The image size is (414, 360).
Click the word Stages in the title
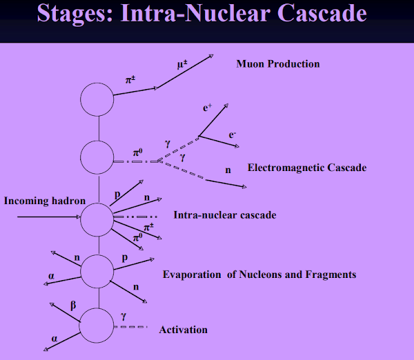[75, 13]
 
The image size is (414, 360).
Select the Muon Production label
[278, 64]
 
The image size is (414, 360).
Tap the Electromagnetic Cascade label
[307, 168]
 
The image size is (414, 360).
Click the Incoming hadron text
[45, 201]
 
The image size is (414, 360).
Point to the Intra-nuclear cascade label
[225, 215]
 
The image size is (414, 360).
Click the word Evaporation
[192, 274]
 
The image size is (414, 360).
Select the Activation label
[184, 330]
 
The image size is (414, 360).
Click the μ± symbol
[182, 64]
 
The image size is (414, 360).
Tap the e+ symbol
[207, 108]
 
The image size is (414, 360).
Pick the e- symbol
[232, 135]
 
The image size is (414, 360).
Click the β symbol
[73, 306]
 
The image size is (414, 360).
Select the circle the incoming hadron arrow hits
[81, 219]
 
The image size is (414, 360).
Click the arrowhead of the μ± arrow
[211, 56]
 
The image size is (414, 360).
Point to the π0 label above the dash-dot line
[137, 152]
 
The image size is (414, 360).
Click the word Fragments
[331, 274]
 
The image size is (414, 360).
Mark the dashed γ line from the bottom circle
[130, 327]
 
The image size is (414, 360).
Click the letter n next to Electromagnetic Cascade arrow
[228, 170]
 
